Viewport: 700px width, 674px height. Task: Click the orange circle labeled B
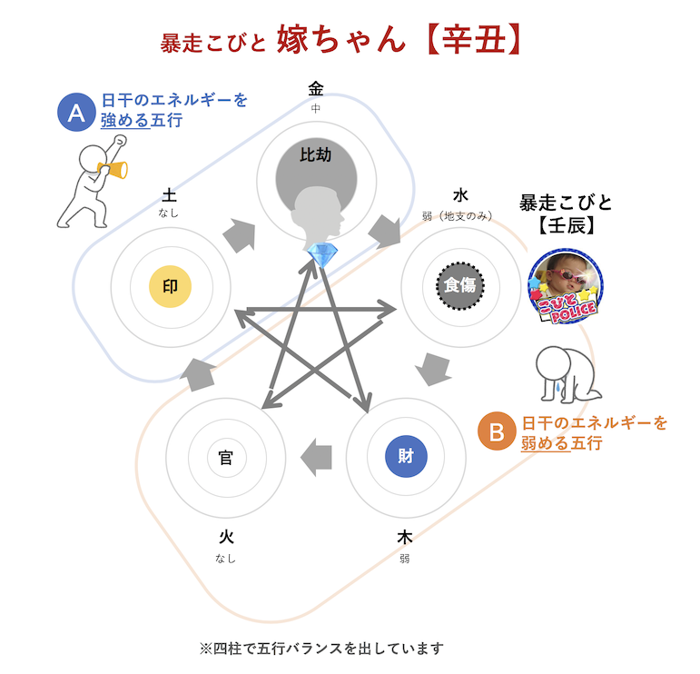pyautogui.click(x=497, y=431)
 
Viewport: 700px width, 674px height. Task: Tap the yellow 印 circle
pyautogui.click(x=170, y=286)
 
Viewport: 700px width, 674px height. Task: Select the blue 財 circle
pyautogui.click(x=405, y=456)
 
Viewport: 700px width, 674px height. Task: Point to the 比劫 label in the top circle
pyautogui.click(x=315, y=155)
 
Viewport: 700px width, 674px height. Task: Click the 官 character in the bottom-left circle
pyautogui.click(x=225, y=457)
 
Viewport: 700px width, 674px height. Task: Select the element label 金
pyautogui.click(x=315, y=89)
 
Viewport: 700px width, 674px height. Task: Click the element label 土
pyautogui.click(x=169, y=194)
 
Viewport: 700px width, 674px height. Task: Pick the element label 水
pyautogui.click(x=459, y=195)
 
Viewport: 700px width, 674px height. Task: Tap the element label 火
pyautogui.click(x=225, y=538)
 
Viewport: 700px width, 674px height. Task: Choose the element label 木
pyautogui.click(x=405, y=538)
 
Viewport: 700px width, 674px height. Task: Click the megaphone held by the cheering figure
pyautogui.click(x=115, y=169)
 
